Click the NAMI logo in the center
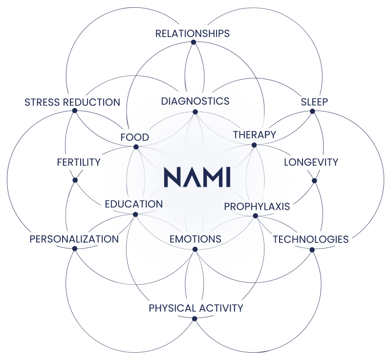[196, 177]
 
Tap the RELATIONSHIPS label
[193, 33]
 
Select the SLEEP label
[314, 102]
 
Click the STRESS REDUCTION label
[72, 102]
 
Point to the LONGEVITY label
[311, 162]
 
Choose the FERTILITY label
[78, 162]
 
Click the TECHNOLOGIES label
[311, 239]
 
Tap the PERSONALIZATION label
[74, 239]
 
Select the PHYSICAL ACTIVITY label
[195, 308]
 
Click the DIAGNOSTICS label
[195, 101]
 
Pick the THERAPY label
[255, 134]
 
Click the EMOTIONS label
[195, 239]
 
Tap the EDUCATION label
[133, 204]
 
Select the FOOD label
[134, 137]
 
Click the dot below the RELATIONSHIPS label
[194, 43]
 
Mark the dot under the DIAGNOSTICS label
[195, 112]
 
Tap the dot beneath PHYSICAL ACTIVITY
[195, 319]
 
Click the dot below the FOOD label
[136, 147]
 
